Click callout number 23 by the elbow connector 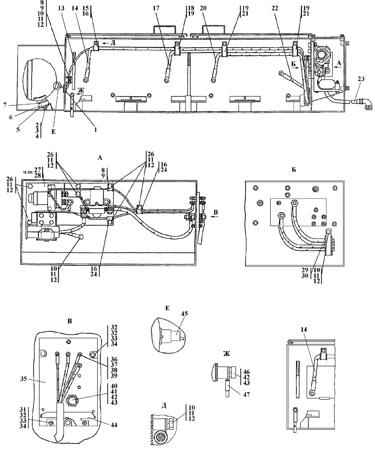[x=361, y=78]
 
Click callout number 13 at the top [x=61, y=8]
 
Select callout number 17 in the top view [x=156, y=8]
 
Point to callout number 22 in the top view [x=275, y=8]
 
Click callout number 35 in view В [x=24, y=379]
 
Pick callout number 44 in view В [x=114, y=425]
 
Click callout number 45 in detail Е [x=184, y=313]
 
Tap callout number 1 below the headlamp [x=95, y=130]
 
